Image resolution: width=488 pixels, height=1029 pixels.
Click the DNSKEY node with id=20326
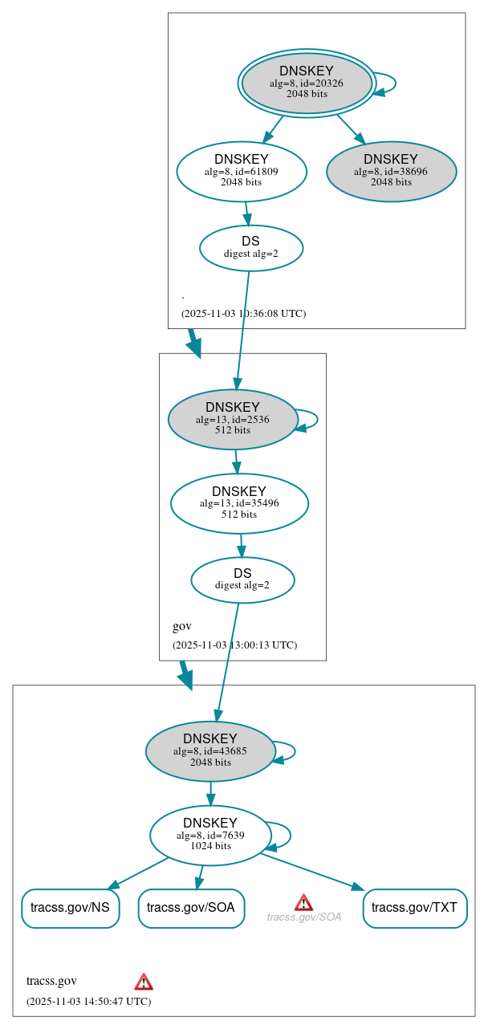click(x=307, y=83)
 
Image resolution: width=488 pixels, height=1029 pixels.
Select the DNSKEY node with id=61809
click(x=242, y=171)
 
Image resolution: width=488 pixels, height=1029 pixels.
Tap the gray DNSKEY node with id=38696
click(x=391, y=171)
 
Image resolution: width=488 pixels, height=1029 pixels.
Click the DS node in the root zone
click(x=250, y=247)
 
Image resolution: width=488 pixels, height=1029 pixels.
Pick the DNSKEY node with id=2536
click(x=233, y=419)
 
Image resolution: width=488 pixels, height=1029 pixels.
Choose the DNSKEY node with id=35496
click(x=239, y=503)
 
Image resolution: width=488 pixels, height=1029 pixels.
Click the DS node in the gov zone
click(x=242, y=580)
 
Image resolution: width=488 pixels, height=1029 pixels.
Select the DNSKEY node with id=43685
click(x=210, y=751)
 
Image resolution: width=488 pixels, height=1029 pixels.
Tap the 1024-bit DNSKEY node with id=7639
click(x=210, y=836)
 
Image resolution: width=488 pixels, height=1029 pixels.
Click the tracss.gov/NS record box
click(x=70, y=908)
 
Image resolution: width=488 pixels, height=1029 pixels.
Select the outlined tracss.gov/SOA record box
click(x=191, y=908)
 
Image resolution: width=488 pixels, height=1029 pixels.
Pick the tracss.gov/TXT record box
click(x=414, y=908)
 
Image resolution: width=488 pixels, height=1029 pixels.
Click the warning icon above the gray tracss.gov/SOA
click(x=303, y=902)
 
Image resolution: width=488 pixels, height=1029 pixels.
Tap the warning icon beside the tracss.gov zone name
click(x=144, y=981)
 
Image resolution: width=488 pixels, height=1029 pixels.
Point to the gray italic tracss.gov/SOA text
click(x=304, y=917)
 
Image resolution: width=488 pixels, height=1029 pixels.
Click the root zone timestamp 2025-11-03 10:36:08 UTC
click(x=243, y=313)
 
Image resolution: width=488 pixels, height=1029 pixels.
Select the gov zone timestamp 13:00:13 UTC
click(x=234, y=645)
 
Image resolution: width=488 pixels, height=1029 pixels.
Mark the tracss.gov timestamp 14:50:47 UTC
click(x=88, y=1001)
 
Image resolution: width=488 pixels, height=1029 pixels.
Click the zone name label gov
click(x=181, y=626)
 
